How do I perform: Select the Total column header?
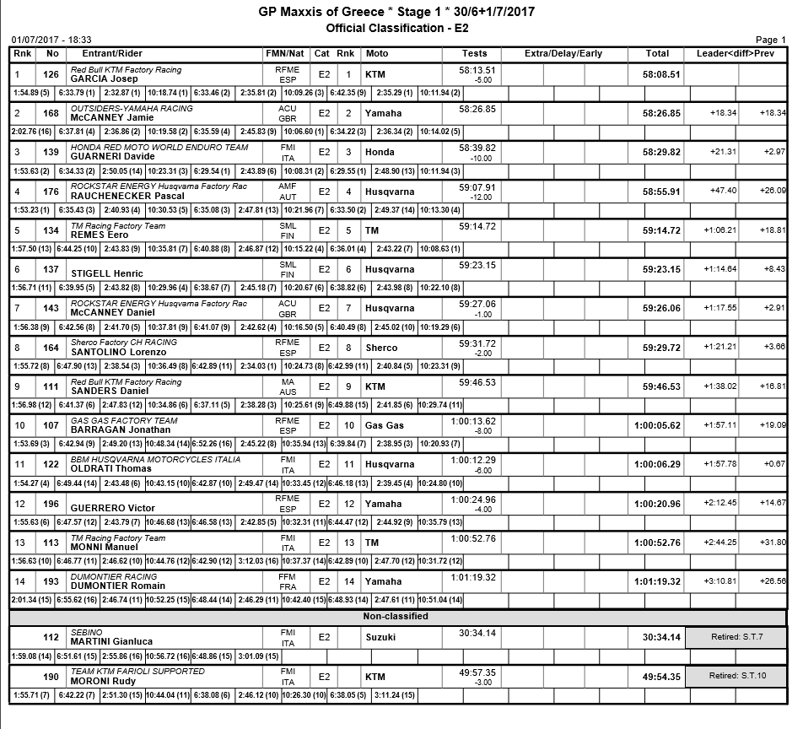657,54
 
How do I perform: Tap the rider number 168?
52,113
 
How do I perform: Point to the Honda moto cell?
380,152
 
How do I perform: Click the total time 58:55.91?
661,192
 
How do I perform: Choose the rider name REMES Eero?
94,235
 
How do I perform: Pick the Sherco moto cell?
382,348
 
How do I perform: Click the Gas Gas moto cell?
385,425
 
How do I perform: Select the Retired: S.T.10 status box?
735,676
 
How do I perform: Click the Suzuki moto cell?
380,637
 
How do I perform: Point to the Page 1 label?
770,40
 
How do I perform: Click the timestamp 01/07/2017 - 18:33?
51,40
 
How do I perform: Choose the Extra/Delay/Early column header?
563,54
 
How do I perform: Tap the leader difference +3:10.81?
719,581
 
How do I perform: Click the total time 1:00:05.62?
657,425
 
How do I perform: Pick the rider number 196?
52,504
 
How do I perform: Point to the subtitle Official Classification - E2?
397,28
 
